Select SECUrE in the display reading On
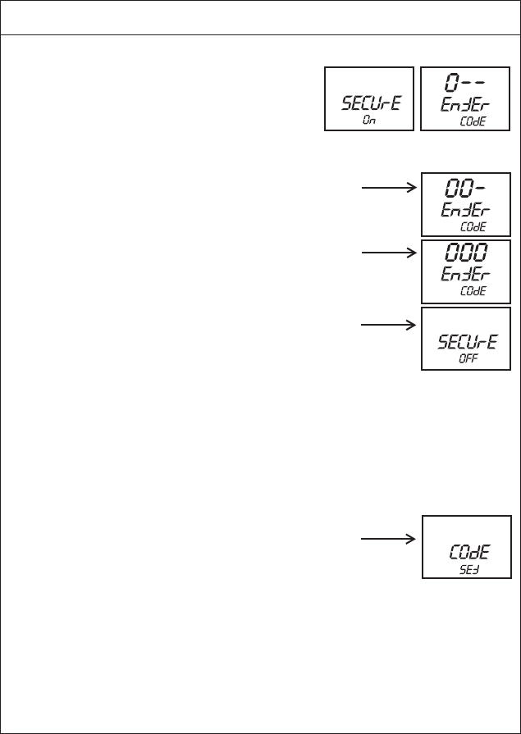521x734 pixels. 368,104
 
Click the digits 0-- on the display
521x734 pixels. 464,83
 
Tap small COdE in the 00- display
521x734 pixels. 473,226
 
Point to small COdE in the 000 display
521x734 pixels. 473,291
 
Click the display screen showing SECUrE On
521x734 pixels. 368,98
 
